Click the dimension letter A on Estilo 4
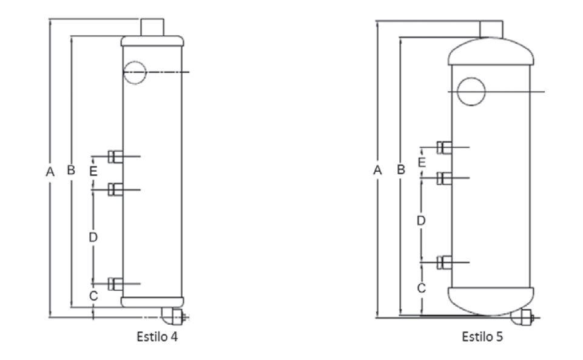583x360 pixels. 50,172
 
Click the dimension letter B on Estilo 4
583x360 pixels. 70,171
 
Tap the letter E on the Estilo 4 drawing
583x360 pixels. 93,172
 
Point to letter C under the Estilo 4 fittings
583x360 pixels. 93,296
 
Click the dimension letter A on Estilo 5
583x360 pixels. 377,171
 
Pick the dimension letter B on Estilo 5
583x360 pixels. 400,171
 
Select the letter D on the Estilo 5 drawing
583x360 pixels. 420,220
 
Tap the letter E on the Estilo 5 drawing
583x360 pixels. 421,162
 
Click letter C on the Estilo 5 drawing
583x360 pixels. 421,288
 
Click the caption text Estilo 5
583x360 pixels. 482,336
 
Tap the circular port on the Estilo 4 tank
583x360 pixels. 135,72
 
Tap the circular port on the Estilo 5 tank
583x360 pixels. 471,91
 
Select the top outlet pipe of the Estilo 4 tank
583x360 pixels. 152,27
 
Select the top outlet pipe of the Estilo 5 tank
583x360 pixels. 491,29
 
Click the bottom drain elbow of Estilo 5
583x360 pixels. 521,316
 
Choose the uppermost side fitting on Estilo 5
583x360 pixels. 444,147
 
